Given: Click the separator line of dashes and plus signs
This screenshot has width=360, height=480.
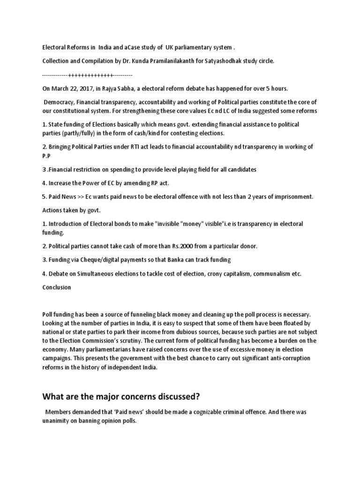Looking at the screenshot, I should coord(87,75).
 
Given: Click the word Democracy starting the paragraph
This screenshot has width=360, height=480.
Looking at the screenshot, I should coord(59,102).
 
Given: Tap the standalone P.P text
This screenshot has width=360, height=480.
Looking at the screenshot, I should coord(45,156).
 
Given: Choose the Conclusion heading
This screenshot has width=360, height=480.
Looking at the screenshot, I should coord(56,287).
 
